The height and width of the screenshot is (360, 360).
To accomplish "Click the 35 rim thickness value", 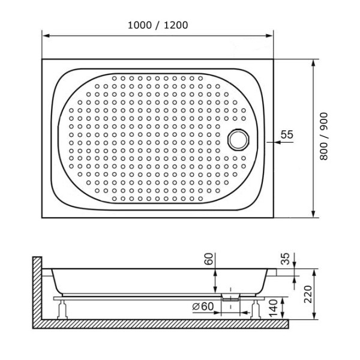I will pyautogui.click(x=286, y=259).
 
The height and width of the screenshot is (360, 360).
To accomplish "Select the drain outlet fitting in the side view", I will pyautogui.click(x=230, y=296).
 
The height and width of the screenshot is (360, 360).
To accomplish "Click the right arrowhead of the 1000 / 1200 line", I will pyautogui.click(x=271, y=36).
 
